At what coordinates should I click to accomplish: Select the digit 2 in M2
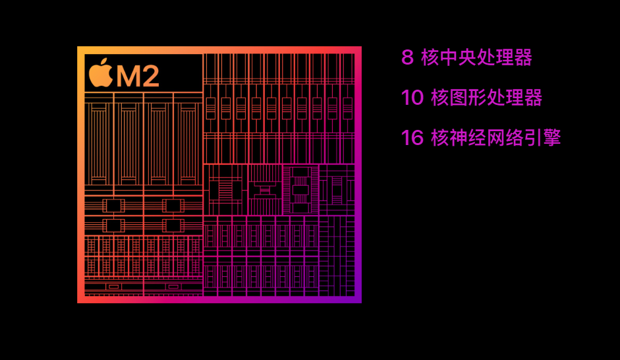point(150,76)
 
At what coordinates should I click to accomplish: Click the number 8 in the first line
point(407,58)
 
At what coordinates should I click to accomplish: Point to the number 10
point(412,98)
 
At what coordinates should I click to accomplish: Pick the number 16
point(412,138)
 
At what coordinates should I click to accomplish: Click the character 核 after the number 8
point(430,58)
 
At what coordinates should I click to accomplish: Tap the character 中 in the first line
point(448,58)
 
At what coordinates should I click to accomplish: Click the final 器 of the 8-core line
point(523,58)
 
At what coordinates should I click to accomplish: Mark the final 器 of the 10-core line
point(533,98)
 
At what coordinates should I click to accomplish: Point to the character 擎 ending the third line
point(551,138)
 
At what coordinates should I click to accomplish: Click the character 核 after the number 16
point(439,138)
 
